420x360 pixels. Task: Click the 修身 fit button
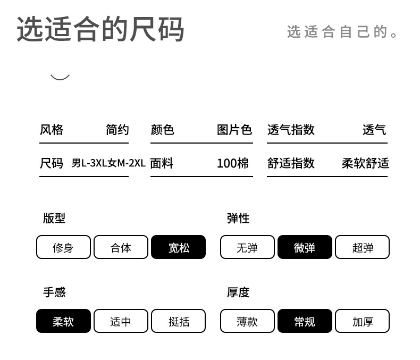(x=63, y=247)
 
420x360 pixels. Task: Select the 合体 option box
(x=121, y=247)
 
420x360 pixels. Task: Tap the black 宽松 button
(x=179, y=247)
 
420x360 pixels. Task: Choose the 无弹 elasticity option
(x=247, y=247)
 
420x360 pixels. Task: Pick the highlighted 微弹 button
(x=305, y=247)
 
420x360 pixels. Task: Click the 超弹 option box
(x=363, y=247)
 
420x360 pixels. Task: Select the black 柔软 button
(x=63, y=321)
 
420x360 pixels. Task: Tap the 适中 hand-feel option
(x=121, y=321)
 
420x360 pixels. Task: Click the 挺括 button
(x=179, y=321)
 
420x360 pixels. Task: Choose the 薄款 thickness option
(x=247, y=321)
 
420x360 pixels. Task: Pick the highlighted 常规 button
(x=305, y=321)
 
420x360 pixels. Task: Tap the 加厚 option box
(x=363, y=321)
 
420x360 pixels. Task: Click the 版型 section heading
(x=54, y=219)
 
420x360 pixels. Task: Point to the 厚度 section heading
(x=238, y=292)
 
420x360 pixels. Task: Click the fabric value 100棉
(x=232, y=163)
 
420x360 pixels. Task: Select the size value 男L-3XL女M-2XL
(x=108, y=163)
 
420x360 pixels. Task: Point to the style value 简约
(x=117, y=130)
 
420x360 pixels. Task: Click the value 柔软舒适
(x=365, y=163)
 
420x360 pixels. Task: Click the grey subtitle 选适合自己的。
(x=342, y=32)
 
